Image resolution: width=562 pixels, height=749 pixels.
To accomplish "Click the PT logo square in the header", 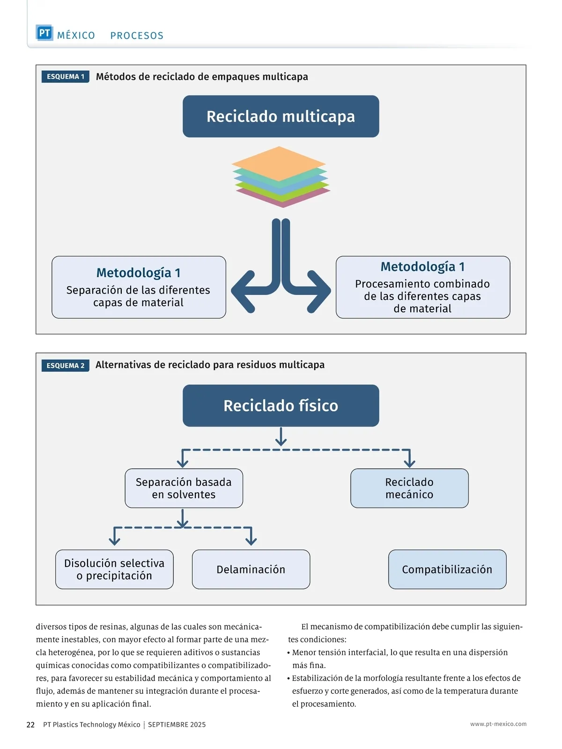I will (44, 33).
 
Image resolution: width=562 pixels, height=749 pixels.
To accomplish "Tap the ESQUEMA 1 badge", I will (65, 77).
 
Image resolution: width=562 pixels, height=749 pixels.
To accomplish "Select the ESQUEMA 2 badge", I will (65, 366).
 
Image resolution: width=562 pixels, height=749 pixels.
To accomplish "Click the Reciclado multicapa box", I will (281, 117).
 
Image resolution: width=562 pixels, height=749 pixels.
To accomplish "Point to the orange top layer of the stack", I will (279, 163).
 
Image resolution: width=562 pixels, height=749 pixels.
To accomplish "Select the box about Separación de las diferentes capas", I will (139, 287).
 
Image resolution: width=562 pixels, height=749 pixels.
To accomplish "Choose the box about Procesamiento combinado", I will (422, 287).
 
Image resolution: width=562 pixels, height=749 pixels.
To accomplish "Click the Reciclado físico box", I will (281, 405).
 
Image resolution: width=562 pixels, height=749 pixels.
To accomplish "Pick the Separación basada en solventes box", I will (184, 488).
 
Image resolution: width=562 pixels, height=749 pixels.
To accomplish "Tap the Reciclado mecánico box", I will (409, 488).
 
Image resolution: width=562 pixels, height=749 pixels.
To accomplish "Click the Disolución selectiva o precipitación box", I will (114, 569).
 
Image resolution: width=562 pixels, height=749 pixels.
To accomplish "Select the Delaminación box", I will (251, 569).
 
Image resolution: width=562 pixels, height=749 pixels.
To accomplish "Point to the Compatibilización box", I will (447, 569).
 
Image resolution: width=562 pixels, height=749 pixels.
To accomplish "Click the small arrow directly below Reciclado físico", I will (281, 437).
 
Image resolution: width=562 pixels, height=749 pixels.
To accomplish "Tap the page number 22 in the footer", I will (30, 725).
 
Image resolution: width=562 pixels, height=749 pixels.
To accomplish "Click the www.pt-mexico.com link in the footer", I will (498, 724).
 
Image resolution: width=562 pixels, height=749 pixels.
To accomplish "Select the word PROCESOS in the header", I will (137, 36).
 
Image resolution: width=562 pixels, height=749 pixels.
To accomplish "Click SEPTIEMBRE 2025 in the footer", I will (177, 725).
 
